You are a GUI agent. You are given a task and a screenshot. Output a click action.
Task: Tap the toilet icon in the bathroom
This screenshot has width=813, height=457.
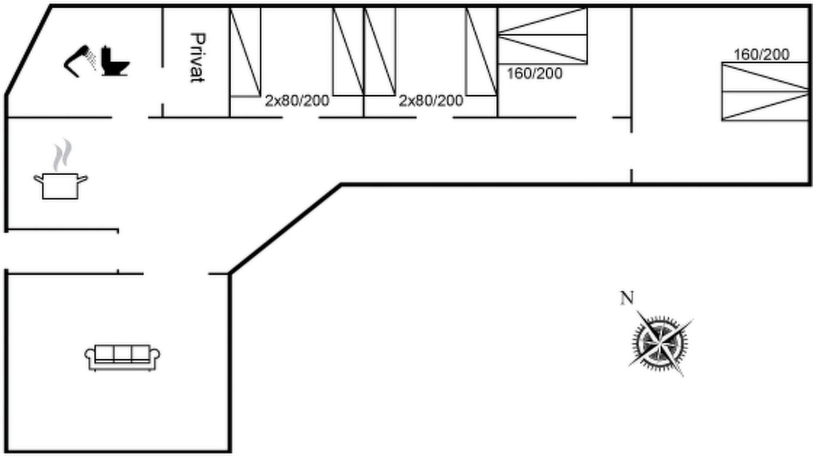tap(115, 61)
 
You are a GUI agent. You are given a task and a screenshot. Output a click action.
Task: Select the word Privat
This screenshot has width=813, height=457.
tap(198, 58)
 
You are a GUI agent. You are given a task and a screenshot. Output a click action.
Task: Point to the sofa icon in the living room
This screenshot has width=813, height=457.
tap(123, 357)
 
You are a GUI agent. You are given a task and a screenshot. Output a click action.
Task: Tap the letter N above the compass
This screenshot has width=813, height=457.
tap(627, 298)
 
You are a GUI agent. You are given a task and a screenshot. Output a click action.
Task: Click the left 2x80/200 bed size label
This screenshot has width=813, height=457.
tap(297, 101)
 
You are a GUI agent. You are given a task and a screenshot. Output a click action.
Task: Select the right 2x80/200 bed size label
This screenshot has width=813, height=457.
tap(431, 101)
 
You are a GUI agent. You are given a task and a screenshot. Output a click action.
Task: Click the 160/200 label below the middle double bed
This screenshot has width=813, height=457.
tap(535, 74)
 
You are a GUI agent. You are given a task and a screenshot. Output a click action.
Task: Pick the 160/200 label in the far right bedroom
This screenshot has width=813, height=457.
tap(762, 55)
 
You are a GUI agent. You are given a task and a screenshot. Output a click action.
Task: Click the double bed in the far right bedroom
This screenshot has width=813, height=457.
tap(765, 91)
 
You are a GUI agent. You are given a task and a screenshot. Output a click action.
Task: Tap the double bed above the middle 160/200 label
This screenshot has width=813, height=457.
tap(542, 36)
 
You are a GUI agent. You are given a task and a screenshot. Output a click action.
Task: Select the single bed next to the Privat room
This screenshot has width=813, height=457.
tap(245, 52)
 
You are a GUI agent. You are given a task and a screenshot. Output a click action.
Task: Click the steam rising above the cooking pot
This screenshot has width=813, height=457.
tap(62, 154)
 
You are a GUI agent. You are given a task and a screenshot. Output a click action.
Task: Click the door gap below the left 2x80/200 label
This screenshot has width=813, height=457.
tap(300, 117)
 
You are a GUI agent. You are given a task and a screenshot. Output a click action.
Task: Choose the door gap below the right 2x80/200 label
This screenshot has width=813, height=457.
tap(434, 117)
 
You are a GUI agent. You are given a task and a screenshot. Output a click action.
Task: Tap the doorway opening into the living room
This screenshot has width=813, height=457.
tap(176, 274)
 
